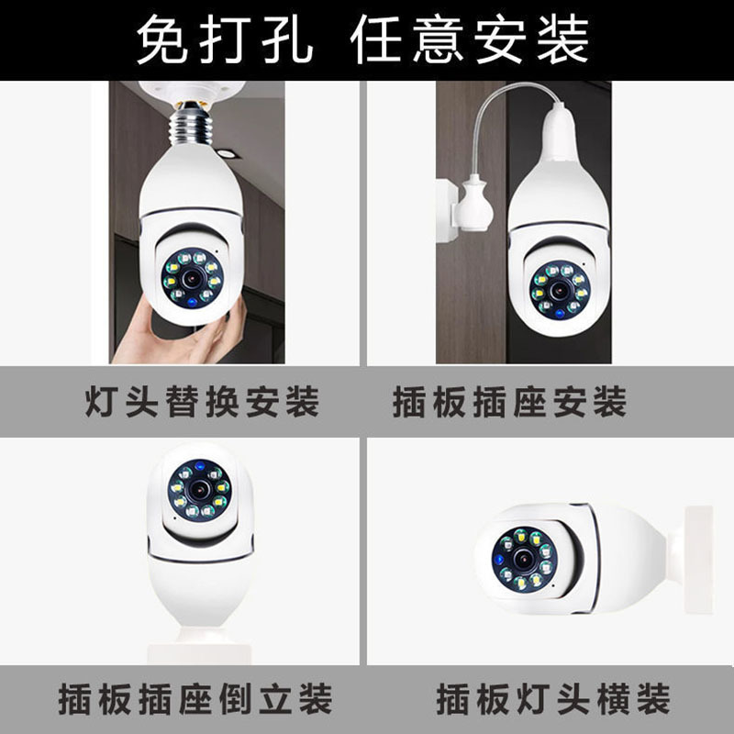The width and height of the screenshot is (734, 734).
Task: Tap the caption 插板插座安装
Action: coord(509,402)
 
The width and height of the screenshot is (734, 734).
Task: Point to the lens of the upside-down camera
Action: coord(199,487)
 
